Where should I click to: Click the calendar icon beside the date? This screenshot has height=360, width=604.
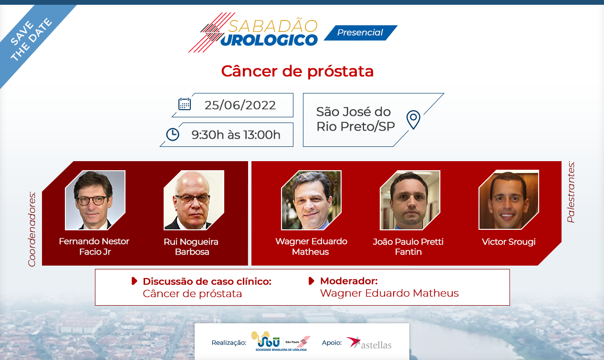coord(185,104)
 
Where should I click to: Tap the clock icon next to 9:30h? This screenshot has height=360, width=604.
coord(173,134)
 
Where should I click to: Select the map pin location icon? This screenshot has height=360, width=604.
coord(413,120)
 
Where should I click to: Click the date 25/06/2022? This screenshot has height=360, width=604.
coord(240,105)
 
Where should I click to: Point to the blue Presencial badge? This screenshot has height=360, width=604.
coord(361,32)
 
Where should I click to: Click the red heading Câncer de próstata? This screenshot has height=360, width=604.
coord(297,72)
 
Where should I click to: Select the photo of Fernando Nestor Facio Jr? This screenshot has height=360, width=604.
coord(95,200)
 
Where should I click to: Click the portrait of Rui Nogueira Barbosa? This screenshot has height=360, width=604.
coord(194,200)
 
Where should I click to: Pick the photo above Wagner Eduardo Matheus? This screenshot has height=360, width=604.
coord(311,200)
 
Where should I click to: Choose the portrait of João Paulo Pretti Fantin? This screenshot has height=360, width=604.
coord(410,200)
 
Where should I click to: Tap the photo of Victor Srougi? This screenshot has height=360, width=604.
coord(509,200)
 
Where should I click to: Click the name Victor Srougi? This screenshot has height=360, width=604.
coord(509,242)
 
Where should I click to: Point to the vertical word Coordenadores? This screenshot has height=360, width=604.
coord(32,229)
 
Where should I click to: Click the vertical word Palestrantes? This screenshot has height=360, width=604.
coord(571,192)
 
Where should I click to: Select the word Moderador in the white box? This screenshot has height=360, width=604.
coord(349,281)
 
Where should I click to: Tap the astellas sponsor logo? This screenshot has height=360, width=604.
coord(369,343)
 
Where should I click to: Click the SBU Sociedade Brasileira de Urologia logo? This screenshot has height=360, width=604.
coord(281,341)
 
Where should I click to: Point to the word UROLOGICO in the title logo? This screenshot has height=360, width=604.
coord(269,40)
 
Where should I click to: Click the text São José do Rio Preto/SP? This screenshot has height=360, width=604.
coord(355,119)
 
